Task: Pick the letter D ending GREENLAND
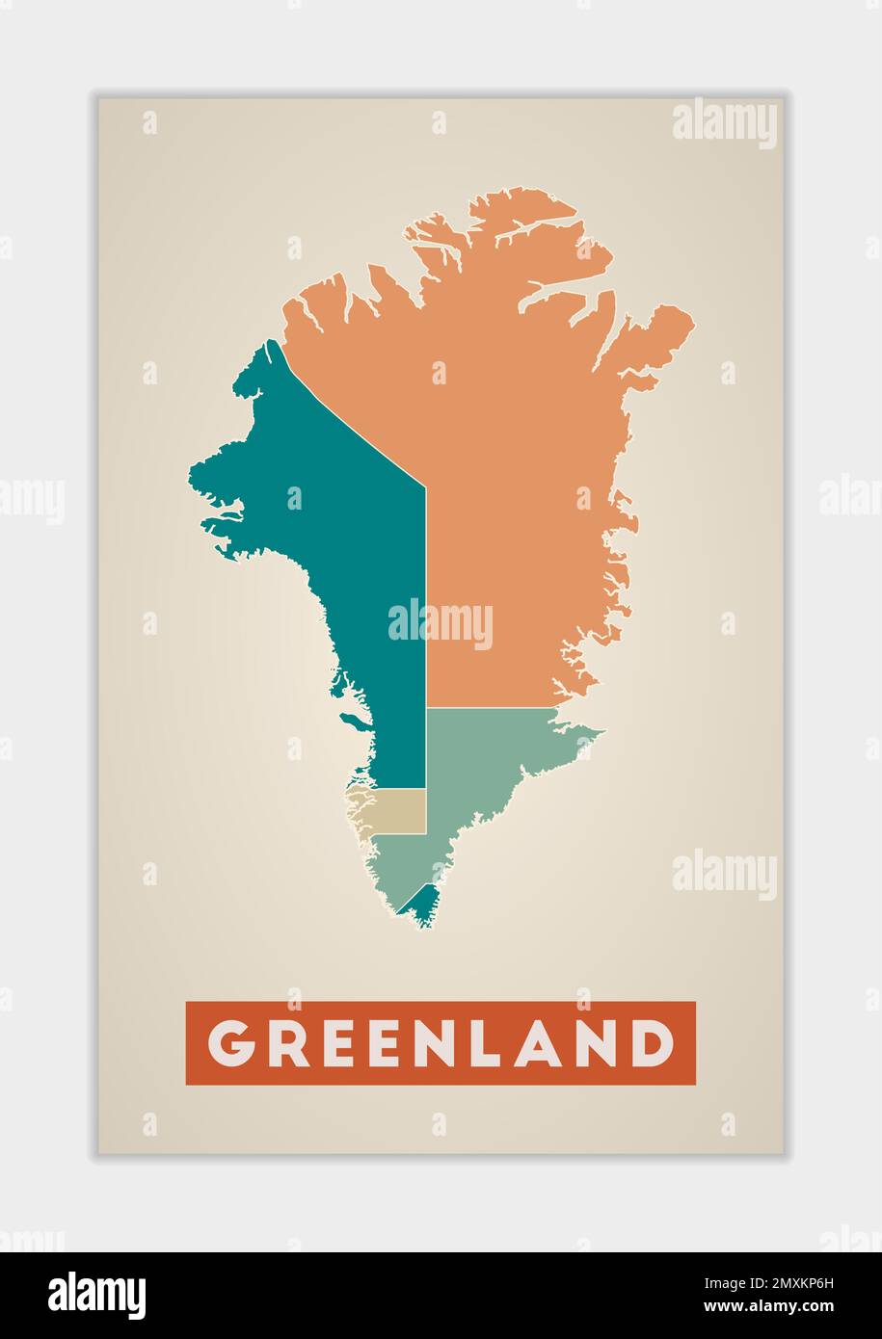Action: pos(652,1043)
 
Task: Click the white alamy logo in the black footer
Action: pos(97,1295)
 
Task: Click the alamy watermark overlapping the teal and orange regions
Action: pos(441,624)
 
